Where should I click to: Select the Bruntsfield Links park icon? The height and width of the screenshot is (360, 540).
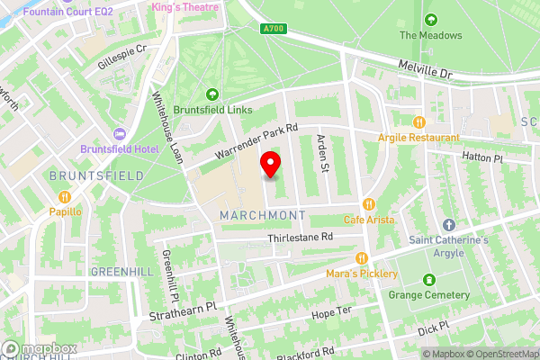pos(212,94)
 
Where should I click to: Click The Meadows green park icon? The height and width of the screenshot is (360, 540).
pos(430,20)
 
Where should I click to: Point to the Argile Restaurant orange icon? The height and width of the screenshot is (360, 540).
pos(418,121)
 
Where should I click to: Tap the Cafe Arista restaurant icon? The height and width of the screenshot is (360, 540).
pos(368,203)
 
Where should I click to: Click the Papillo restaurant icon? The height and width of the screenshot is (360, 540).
pos(64,197)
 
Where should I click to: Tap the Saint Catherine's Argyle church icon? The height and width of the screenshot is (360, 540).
pos(449,224)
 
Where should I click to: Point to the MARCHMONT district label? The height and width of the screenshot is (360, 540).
pos(263,214)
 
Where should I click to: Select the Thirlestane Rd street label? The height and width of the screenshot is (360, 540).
pos(301,238)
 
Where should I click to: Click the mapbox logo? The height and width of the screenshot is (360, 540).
pos(39,348)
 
